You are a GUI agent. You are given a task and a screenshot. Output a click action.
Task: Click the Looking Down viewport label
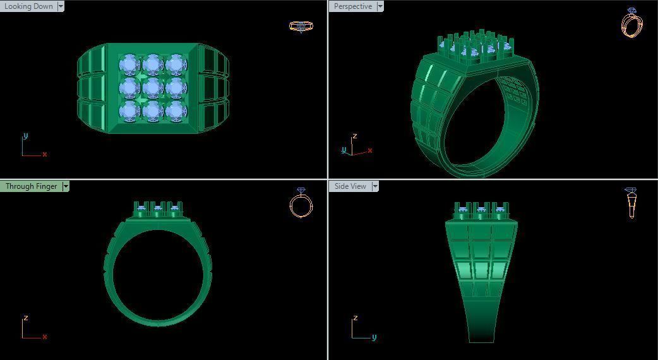click(x=28, y=6)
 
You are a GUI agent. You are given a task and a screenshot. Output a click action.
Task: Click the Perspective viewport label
click(x=352, y=6)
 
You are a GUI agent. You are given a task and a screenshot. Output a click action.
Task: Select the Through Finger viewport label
click(x=31, y=186)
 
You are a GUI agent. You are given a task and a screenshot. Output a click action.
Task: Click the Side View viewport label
click(x=350, y=186)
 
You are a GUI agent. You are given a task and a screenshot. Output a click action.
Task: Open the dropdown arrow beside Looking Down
click(x=61, y=6)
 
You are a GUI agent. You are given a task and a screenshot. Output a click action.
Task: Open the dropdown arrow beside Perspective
click(x=380, y=6)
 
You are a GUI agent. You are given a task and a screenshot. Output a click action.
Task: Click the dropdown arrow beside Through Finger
click(x=66, y=186)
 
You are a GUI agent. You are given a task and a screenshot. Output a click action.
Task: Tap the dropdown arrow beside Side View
click(x=374, y=186)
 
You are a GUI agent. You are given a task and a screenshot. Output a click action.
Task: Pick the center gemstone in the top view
click(x=152, y=87)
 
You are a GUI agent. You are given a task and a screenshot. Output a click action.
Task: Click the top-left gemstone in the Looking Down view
click(x=129, y=64)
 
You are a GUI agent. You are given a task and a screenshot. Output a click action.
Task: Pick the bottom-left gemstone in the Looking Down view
click(x=129, y=111)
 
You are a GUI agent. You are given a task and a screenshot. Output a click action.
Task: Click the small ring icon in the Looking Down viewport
click(x=301, y=26)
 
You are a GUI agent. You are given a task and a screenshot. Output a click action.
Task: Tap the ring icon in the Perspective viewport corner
click(x=631, y=23)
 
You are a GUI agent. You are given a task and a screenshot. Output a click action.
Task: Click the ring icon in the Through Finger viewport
click(x=301, y=203)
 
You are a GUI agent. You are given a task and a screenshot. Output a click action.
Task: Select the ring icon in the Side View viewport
click(x=631, y=203)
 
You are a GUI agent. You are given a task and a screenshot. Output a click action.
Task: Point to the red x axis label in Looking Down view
click(x=45, y=154)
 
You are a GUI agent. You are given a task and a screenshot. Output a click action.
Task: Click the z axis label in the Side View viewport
click(x=356, y=318)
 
